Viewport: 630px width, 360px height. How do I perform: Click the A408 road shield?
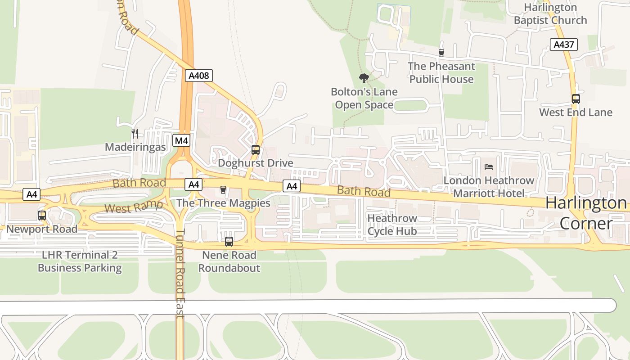(x=199, y=76)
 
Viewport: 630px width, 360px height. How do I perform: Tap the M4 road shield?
(x=181, y=140)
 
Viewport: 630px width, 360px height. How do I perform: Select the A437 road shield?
(x=563, y=45)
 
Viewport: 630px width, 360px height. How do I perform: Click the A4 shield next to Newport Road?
(x=32, y=194)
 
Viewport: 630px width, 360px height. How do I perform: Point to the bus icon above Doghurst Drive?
(x=256, y=150)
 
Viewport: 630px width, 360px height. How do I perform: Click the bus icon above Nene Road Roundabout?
(x=229, y=242)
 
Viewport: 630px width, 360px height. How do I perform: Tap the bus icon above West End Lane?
(x=576, y=99)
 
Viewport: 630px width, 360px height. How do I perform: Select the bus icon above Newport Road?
(x=42, y=216)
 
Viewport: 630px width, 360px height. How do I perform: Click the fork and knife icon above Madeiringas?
(x=135, y=133)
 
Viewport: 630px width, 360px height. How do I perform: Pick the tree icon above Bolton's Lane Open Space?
(x=364, y=78)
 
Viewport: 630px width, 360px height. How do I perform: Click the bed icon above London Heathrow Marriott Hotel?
(x=489, y=167)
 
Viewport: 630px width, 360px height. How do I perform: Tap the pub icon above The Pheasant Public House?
(x=441, y=53)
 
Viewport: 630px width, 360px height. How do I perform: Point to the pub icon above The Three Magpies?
(x=223, y=190)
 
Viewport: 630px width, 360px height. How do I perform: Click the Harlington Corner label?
(x=586, y=213)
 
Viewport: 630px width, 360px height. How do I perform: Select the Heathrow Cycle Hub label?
(x=392, y=225)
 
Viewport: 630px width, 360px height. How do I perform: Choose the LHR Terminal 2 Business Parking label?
(x=80, y=261)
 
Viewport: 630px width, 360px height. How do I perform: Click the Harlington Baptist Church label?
(x=550, y=14)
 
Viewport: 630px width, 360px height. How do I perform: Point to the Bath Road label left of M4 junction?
(x=139, y=183)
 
